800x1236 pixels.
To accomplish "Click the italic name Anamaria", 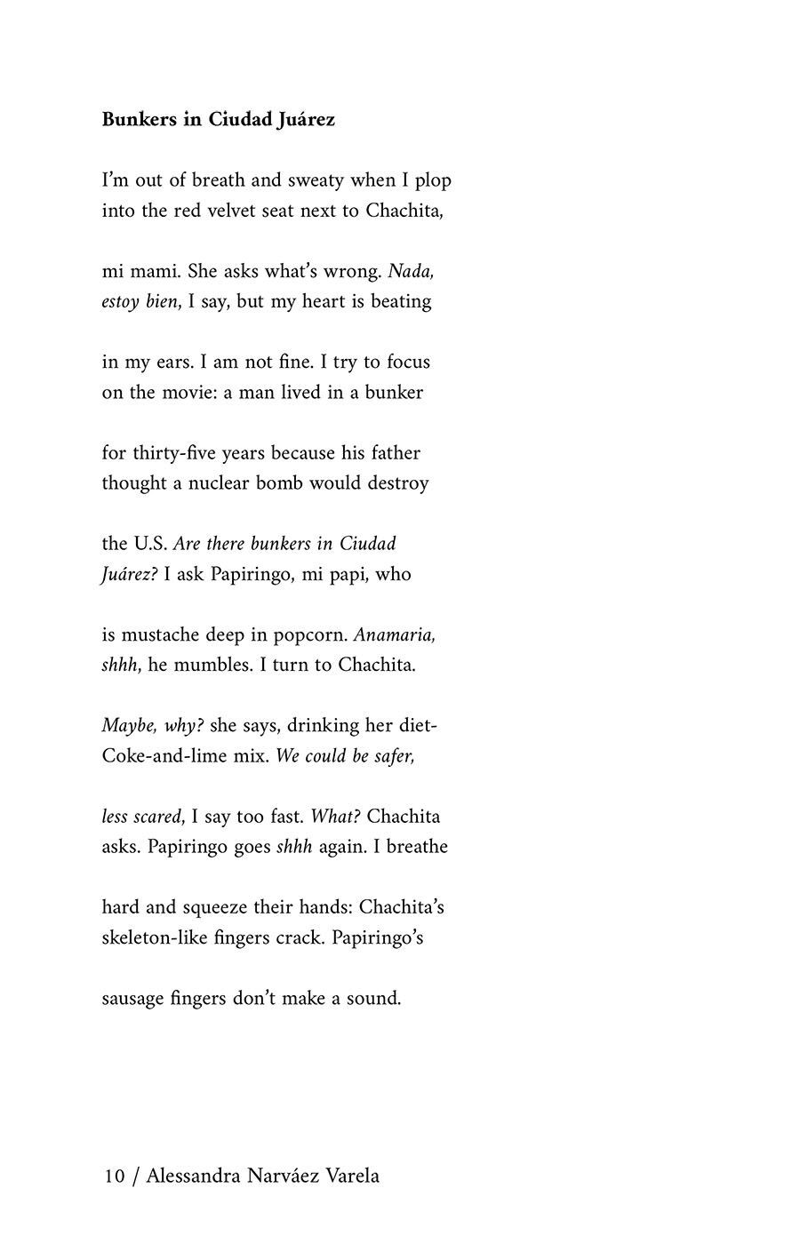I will [395, 635].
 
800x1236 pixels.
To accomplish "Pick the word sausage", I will [132, 999].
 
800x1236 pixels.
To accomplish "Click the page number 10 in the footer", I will [114, 1176].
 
